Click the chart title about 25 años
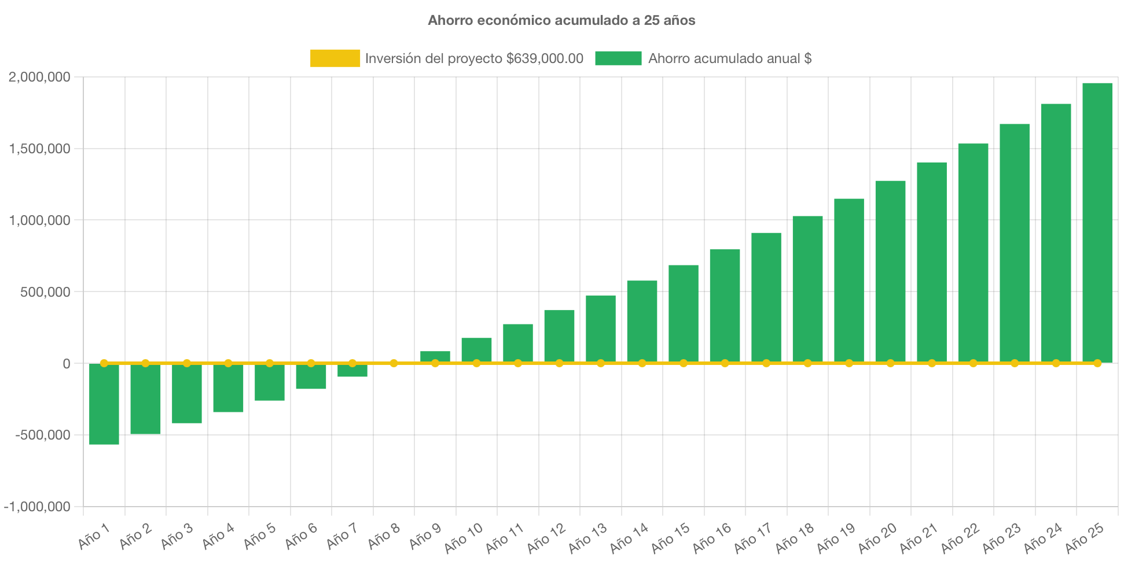(x=561, y=20)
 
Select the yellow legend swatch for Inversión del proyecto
(x=335, y=58)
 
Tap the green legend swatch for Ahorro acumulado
(x=618, y=58)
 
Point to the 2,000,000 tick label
(x=39, y=77)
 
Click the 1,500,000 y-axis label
(x=39, y=149)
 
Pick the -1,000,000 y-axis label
(x=37, y=507)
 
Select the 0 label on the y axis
(x=66, y=364)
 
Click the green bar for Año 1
(x=104, y=405)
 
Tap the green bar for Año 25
(x=1097, y=223)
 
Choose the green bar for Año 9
(x=435, y=356)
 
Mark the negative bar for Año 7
(x=352, y=371)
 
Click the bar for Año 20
(x=890, y=272)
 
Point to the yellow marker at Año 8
(x=394, y=363)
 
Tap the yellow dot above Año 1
(x=104, y=363)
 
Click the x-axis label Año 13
(x=587, y=537)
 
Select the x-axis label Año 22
(x=960, y=537)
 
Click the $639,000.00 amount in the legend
(x=545, y=58)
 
